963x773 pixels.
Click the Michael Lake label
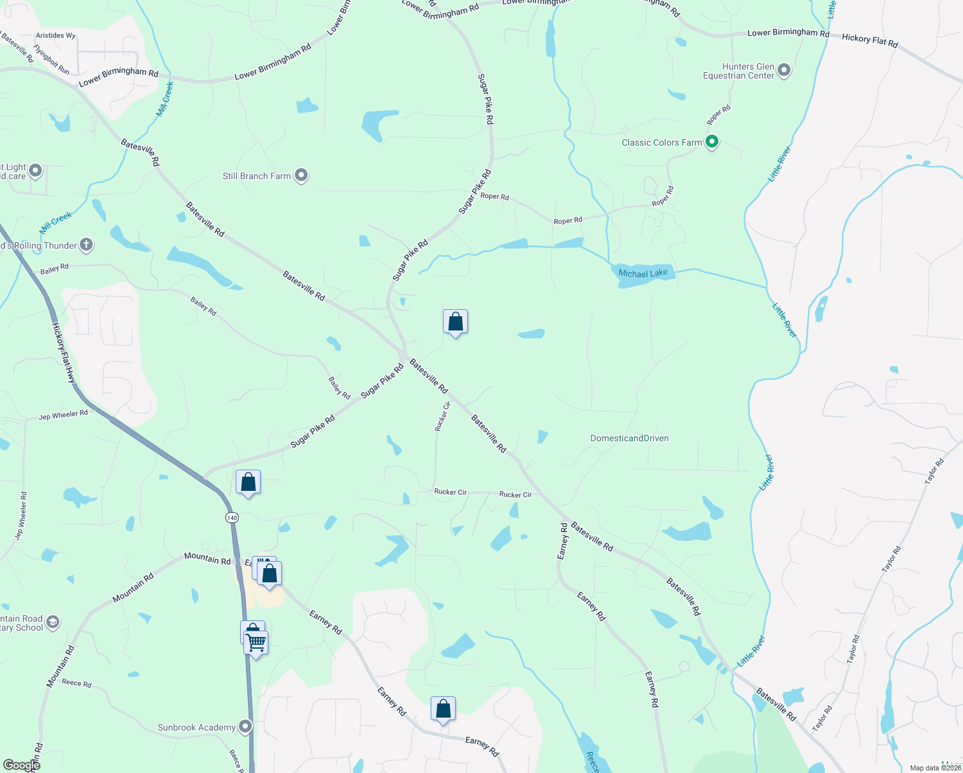642,274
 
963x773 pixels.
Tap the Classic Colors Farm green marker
711,142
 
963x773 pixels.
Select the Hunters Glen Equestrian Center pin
783,70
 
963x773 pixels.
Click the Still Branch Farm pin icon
301,175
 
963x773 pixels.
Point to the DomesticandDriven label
629,439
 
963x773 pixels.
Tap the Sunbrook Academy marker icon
245,727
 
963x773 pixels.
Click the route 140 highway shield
232,517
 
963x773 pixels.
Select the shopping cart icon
256,642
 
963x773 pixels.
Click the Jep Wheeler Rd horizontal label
63,415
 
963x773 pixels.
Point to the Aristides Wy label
55,35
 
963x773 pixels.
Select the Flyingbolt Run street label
51,59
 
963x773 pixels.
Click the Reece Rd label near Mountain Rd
77,683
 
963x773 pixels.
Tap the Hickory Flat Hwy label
64,354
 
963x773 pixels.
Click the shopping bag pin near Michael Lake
455,321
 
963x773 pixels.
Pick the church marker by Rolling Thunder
86,245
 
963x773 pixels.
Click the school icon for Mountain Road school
53,622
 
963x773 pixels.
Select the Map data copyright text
935,768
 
